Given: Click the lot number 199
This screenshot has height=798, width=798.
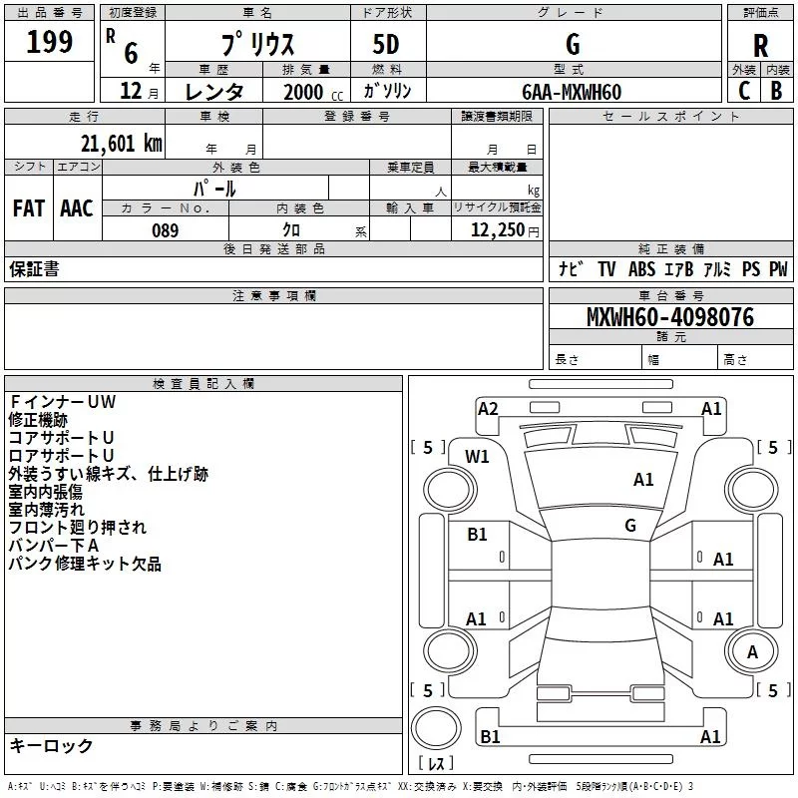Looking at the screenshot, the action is (x=50, y=43).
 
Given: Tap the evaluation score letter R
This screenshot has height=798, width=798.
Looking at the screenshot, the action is (x=760, y=46).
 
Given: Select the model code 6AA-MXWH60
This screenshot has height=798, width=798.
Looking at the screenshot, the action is (x=572, y=92).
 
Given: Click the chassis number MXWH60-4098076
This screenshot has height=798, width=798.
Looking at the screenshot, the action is (x=669, y=317).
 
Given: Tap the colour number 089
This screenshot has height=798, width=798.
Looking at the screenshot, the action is (x=165, y=230).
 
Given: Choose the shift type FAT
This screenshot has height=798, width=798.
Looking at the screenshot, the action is (x=28, y=208).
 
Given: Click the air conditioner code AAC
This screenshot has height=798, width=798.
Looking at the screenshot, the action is (x=76, y=208).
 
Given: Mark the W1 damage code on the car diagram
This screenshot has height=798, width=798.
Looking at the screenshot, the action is (x=478, y=457).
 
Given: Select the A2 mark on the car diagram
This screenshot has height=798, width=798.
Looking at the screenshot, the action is (x=488, y=408).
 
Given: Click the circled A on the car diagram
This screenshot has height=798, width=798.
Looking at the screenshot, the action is (x=752, y=652).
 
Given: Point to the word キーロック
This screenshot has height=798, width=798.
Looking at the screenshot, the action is (x=51, y=746).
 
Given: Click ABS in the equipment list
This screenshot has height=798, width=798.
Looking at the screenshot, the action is (x=643, y=269).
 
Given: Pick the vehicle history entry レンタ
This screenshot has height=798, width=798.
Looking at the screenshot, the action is (x=214, y=92).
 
